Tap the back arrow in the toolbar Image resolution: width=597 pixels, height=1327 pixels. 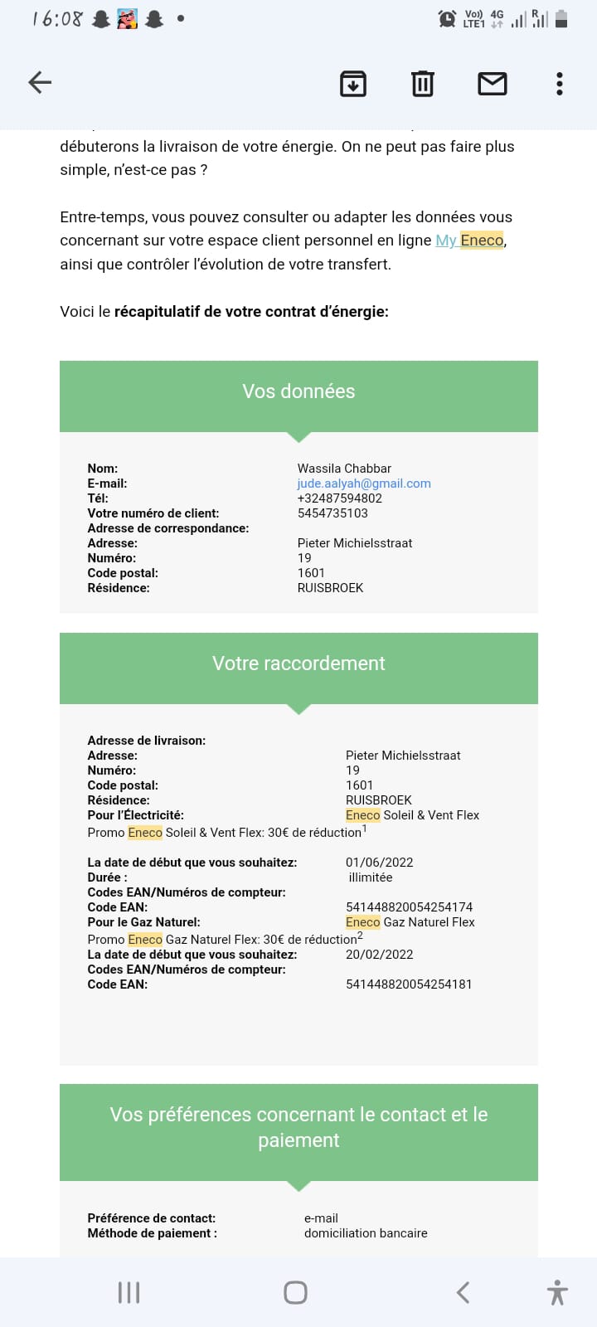point(40,82)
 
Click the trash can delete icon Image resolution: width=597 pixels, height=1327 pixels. point(423,83)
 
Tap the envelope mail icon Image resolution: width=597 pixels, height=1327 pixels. point(493,83)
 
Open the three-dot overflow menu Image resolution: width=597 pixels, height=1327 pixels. point(560,83)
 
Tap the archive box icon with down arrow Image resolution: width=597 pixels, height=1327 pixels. point(353,83)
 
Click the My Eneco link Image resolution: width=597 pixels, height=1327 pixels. point(469,241)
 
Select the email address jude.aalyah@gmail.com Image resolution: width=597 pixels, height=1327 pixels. point(364,484)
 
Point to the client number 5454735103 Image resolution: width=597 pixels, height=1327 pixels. point(332,513)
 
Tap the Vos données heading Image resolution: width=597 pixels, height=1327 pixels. point(298,391)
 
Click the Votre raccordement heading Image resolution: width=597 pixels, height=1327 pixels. point(298,663)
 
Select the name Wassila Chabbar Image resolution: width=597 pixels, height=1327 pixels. point(344,469)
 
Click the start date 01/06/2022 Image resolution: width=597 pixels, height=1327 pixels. point(379,863)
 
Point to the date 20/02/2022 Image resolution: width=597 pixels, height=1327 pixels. point(379,955)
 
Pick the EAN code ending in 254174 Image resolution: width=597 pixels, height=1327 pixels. point(409,907)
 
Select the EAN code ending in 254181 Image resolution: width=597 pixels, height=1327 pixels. point(409,984)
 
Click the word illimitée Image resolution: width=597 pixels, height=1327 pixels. point(371,877)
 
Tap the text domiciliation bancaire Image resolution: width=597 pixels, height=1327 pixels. point(366,1233)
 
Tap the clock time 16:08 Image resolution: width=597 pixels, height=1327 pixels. point(57,18)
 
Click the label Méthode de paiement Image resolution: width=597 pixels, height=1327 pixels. point(153,1233)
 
